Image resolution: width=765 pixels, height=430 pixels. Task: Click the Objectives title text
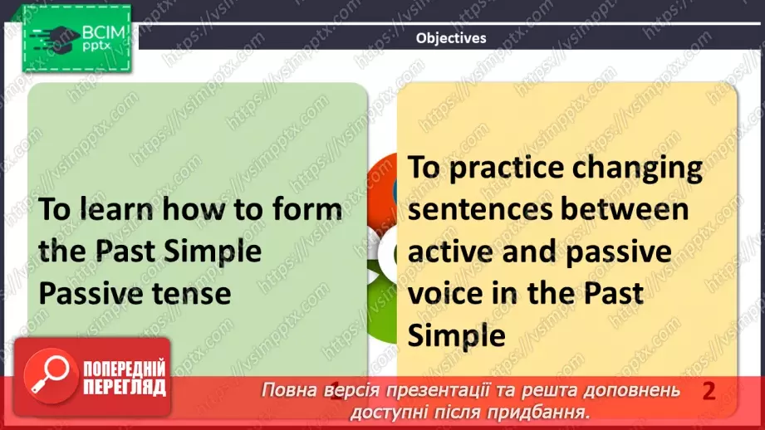click(451, 38)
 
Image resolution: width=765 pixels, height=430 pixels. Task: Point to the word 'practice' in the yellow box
click(507, 169)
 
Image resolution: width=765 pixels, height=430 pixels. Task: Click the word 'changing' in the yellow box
click(637, 169)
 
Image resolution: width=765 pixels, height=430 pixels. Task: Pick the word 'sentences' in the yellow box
click(480, 210)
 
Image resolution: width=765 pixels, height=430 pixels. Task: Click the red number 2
click(709, 391)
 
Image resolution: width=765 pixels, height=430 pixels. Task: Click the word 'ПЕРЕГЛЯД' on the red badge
click(125, 388)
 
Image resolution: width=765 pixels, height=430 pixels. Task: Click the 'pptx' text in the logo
click(96, 46)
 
